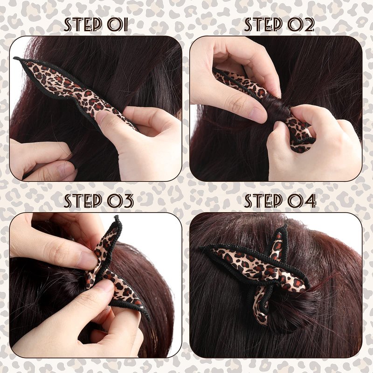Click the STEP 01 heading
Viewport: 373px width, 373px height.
(x=96, y=25)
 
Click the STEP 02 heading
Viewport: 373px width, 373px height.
(x=279, y=25)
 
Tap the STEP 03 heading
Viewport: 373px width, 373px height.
(x=98, y=201)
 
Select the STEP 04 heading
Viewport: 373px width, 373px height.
(x=280, y=201)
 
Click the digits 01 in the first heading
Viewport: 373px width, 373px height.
(x=117, y=25)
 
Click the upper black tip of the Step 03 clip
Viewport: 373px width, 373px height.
(x=117, y=217)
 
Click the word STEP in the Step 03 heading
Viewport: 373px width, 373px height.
(x=83, y=201)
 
